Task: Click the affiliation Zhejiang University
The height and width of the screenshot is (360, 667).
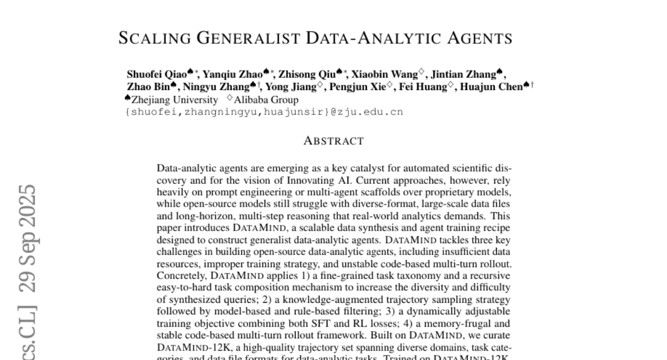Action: pyautogui.click(x=175, y=100)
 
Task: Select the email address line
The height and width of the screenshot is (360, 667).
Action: pyautogui.click(x=265, y=112)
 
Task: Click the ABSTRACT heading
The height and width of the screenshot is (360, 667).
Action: pyautogui.click(x=333, y=141)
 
